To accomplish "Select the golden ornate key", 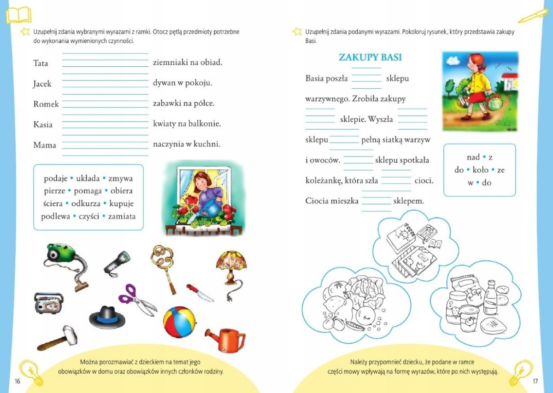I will click(164, 265).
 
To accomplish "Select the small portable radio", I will click(48, 302).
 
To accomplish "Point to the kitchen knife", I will click(200, 293).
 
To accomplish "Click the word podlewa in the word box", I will click(55, 216).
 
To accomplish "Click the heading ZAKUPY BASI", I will click(370, 58).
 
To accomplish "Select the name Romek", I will click(46, 104).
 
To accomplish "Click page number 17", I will click(535, 381).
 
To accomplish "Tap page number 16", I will click(18, 381).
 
